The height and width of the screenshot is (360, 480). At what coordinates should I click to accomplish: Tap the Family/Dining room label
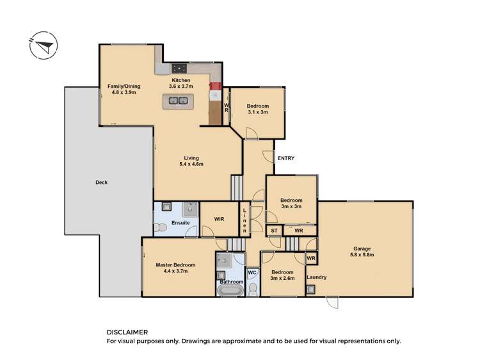click(x=124, y=90)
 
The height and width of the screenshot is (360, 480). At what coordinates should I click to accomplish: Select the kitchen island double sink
click(x=178, y=100)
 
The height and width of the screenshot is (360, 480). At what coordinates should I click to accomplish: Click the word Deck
click(x=101, y=183)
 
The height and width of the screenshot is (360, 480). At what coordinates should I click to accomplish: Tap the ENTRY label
click(x=285, y=158)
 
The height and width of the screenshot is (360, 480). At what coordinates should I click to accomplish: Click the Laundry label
click(x=317, y=277)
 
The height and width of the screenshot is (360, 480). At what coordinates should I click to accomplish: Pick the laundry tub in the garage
click(x=311, y=290)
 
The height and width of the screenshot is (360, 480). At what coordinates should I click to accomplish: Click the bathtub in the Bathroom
click(x=230, y=291)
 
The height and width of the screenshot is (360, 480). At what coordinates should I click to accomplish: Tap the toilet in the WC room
click(x=252, y=290)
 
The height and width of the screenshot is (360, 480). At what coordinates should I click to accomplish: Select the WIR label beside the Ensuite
click(x=219, y=219)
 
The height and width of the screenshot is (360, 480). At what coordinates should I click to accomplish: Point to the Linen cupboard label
click(x=244, y=219)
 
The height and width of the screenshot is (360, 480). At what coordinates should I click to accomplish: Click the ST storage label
click(x=273, y=230)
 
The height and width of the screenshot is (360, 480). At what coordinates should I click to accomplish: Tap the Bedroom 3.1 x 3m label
click(x=258, y=109)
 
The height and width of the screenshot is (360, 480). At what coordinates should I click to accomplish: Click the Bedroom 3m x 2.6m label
click(x=282, y=275)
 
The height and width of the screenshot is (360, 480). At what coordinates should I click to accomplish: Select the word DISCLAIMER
click(x=127, y=332)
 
